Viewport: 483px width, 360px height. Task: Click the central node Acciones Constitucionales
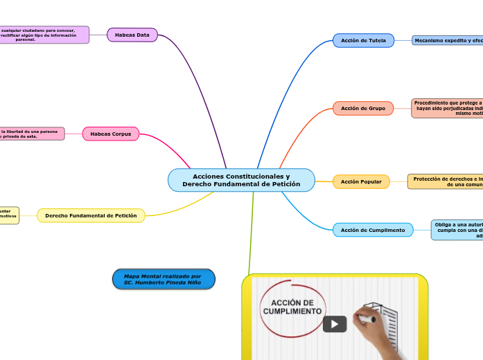241,180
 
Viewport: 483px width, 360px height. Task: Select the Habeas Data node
132,35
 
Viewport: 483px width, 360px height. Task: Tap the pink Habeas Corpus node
111,134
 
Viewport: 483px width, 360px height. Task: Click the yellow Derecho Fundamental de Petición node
91,216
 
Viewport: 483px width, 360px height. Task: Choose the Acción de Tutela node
363,40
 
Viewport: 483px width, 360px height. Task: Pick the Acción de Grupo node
363,108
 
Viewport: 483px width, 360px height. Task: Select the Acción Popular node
361,181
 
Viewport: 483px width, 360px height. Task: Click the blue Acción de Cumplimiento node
373,230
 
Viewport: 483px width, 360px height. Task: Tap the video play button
335,324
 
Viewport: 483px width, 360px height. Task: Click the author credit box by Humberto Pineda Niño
164,279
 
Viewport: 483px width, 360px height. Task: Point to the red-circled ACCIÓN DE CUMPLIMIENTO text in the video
297,307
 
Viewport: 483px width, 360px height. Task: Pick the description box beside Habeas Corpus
32,134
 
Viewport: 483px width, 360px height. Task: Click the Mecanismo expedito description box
448,41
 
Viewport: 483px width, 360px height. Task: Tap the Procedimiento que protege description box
448,108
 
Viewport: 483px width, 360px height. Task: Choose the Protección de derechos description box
446,181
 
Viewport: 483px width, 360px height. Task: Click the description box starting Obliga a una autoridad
457,230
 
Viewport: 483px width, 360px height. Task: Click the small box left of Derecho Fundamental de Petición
9,215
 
